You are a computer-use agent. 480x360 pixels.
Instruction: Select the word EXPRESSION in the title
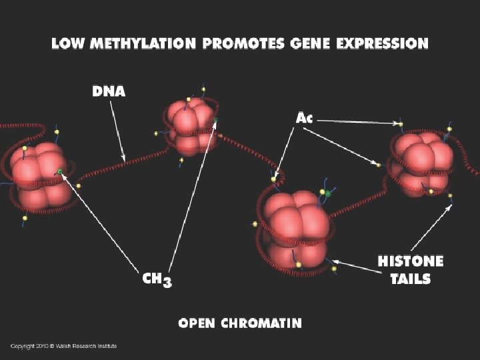click(x=383, y=44)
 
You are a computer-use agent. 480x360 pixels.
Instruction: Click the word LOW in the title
click(x=67, y=44)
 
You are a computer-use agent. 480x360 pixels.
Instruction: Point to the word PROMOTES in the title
click(x=244, y=44)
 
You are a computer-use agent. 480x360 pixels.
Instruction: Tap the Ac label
click(x=304, y=118)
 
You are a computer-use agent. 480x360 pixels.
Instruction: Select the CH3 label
click(x=157, y=279)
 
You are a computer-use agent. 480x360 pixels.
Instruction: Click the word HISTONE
click(x=411, y=261)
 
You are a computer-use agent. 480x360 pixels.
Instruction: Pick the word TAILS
click(x=411, y=279)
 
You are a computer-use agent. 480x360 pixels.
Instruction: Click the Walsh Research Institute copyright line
click(x=63, y=346)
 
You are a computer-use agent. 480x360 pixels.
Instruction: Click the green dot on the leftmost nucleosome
click(x=59, y=171)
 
